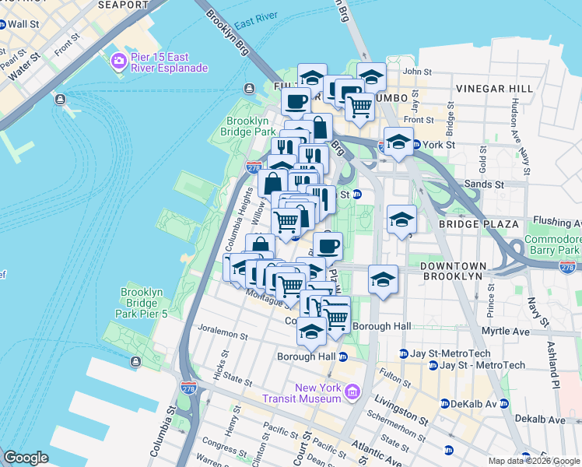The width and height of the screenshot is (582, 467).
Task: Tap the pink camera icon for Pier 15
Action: [x=118, y=61]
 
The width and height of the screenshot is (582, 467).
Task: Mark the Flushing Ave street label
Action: [x=556, y=222]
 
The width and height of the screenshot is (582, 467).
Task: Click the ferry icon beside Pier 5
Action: [x=136, y=361]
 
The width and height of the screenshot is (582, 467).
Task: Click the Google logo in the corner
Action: [x=26, y=458]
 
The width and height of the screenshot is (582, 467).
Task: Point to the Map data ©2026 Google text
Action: [x=534, y=461]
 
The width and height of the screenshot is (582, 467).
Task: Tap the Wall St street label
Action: [x=22, y=24]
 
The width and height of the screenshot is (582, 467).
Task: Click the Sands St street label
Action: [x=488, y=184]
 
